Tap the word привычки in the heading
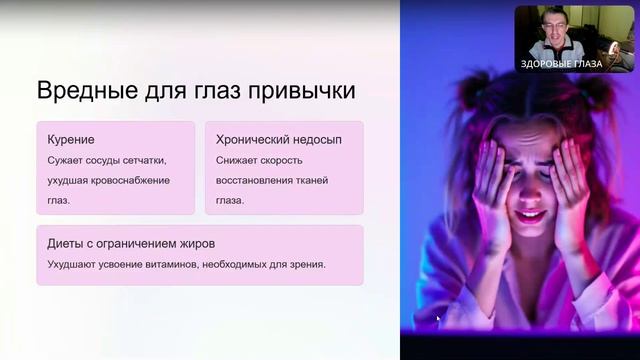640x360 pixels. tap(306, 91)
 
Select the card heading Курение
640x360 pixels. tap(71, 139)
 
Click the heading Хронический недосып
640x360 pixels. tap(279, 139)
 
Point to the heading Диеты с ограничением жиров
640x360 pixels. tap(131, 243)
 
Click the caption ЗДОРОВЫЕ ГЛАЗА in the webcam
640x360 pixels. tap(561, 63)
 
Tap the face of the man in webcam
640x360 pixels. tap(553, 32)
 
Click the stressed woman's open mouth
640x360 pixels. tap(531, 215)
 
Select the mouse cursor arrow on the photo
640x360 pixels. tap(438, 319)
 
